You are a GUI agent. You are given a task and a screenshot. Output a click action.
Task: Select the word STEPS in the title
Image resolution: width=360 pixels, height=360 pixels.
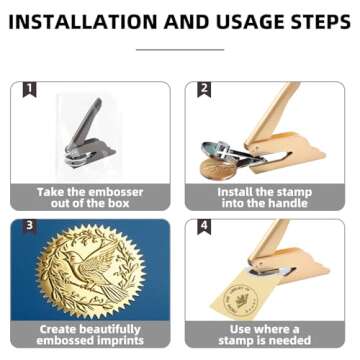pyautogui.click(x=314, y=21)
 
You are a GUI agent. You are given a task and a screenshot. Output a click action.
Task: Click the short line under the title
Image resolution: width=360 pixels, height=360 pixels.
pyautogui.click(x=180, y=47)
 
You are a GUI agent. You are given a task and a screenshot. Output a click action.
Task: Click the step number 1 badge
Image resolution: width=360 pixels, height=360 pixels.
pyautogui.click(x=30, y=90)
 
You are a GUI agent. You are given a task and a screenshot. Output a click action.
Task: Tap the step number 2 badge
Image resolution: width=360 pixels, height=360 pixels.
pyautogui.click(x=204, y=90)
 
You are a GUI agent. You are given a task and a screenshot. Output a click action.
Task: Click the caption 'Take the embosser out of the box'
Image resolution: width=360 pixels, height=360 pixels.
pyautogui.click(x=91, y=198)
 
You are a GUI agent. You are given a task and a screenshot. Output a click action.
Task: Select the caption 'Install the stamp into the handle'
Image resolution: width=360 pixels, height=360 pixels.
pyautogui.click(x=265, y=198)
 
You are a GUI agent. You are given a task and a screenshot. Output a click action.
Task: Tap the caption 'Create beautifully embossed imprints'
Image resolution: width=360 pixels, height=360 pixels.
pyautogui.click(x=91, y=335)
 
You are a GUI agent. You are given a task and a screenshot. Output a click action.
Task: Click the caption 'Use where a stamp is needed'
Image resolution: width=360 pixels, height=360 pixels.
pyautogui.click(x=265, y=335)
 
